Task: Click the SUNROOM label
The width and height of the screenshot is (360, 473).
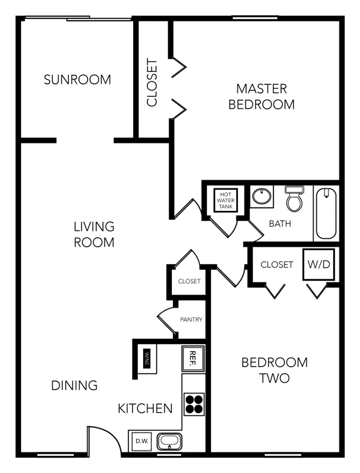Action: coord(77,80)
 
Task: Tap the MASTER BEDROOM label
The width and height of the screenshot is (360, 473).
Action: coord(262,97)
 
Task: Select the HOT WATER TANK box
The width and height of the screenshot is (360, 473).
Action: coord(226,200)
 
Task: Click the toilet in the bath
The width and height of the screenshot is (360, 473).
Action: coord(294,199)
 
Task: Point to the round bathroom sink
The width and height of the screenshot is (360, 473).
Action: coord(262,196)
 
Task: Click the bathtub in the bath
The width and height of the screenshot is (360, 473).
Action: coord(326,214)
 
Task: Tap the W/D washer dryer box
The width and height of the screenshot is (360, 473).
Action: coord(319,264)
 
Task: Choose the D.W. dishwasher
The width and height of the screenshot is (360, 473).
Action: coord(141,441)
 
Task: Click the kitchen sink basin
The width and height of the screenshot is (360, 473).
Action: coord(169,441)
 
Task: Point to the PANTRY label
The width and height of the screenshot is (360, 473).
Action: coord(191,319)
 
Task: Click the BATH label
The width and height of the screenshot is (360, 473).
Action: coord(280,223)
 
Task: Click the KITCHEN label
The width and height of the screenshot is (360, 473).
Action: coord(145,408)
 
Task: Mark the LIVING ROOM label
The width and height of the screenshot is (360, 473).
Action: coord(94,235)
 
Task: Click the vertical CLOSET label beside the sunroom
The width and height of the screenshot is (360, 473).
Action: coord(152,82)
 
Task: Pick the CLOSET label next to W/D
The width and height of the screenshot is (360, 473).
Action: coord(276,264)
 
